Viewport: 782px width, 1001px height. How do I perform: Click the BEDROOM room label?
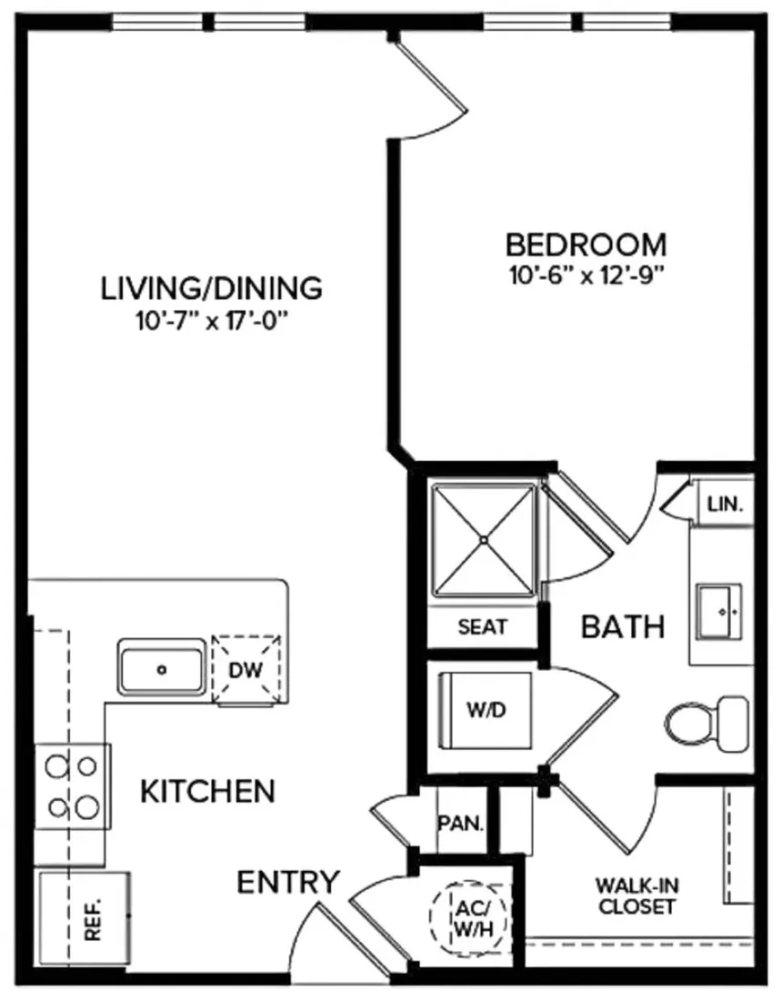coord(586,245)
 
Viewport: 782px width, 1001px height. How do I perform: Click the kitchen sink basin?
coord(162,669)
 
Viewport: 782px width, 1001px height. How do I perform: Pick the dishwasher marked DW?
coord(246,670)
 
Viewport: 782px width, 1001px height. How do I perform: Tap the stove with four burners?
coord(73,786)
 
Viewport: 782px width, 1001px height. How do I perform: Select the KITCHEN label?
coord(207,791)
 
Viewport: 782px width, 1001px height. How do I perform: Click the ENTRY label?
coord(288,882)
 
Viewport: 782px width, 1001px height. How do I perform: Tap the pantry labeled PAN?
coord(460,824)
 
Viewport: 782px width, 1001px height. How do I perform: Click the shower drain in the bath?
coord(484,540)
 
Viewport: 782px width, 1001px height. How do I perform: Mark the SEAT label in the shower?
coord(483,626)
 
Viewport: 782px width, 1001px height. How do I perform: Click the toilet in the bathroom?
coord(707,723)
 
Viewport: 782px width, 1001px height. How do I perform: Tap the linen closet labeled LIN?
coord(725,504)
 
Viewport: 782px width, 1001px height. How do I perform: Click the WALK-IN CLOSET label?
coord(637,895)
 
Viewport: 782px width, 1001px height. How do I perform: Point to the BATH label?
coord(623,626)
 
